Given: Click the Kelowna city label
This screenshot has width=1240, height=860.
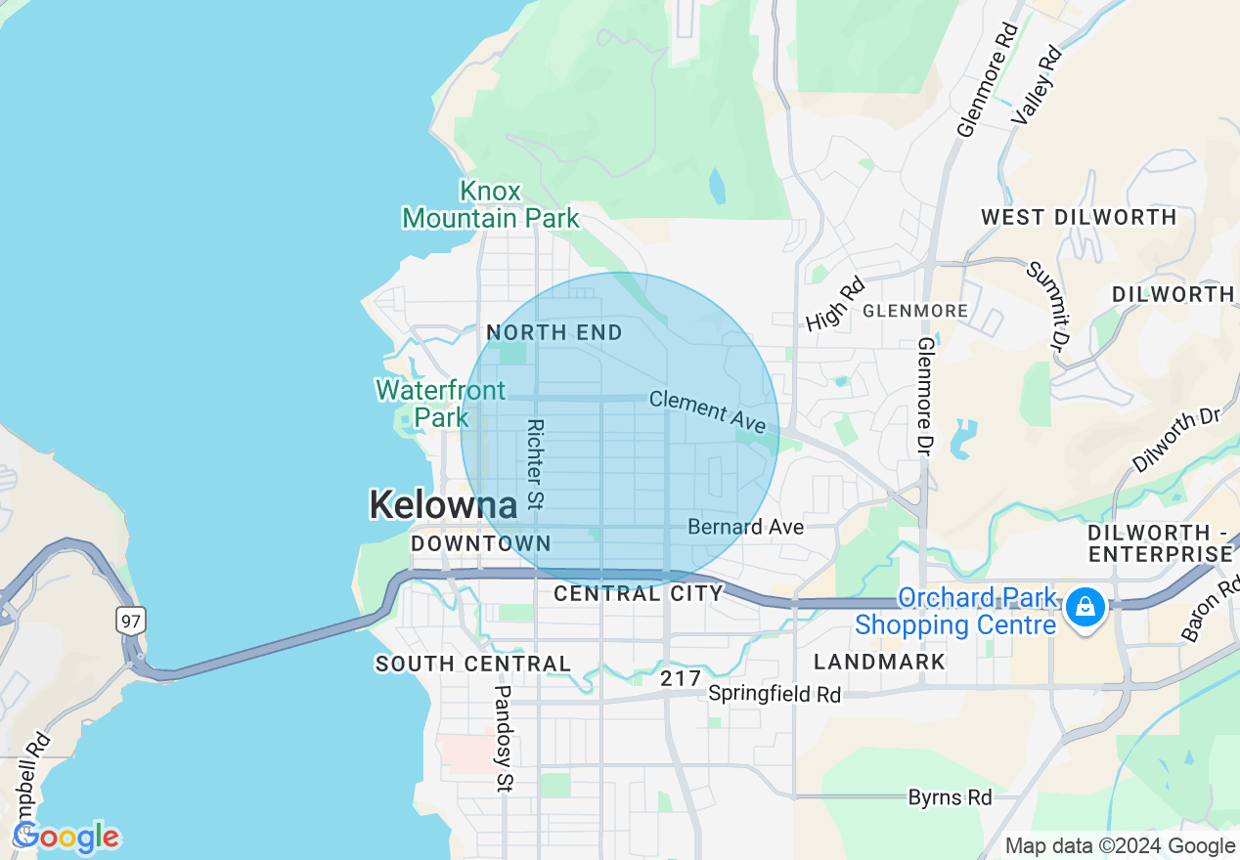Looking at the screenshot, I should click(443, 505).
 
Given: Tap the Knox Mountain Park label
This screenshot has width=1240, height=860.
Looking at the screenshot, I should click(491, 204).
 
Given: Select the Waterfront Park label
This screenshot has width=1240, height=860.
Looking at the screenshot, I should click(441, 404).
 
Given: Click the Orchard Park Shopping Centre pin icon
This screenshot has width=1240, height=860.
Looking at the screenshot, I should click(1084, 607).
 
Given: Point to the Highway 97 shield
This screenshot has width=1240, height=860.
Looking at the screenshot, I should click(129, 620).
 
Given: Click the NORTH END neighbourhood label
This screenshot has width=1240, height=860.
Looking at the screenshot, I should click(554, 333).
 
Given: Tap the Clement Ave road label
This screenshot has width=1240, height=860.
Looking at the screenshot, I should click(707, 411).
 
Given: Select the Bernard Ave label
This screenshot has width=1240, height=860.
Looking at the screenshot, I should click(745, 527).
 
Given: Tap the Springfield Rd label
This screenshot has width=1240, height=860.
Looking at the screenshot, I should click(775, 695).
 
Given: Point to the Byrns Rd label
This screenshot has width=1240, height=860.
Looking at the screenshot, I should click(950, 797).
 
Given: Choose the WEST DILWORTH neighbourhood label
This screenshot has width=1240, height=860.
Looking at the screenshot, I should click(1079, 217).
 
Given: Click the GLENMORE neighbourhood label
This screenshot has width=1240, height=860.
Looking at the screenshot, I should click(915, 311).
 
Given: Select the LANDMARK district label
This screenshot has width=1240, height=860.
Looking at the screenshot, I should click(879, 662).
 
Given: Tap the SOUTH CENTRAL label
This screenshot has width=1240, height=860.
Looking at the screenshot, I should click(473, 665).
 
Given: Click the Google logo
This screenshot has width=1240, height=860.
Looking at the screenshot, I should click(66, 837).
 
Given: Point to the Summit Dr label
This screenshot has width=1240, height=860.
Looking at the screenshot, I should click(1045, 305).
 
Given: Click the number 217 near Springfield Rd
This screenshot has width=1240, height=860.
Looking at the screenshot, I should click(681, 678).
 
